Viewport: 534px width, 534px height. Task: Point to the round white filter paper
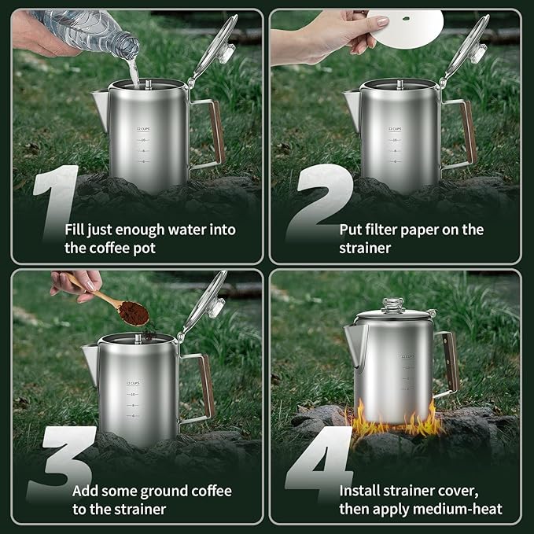click(409, 24)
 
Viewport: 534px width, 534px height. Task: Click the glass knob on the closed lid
click(393, 305)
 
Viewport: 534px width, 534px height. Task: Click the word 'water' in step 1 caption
click(190, 230)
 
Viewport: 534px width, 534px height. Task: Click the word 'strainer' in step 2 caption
click(366, 248)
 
